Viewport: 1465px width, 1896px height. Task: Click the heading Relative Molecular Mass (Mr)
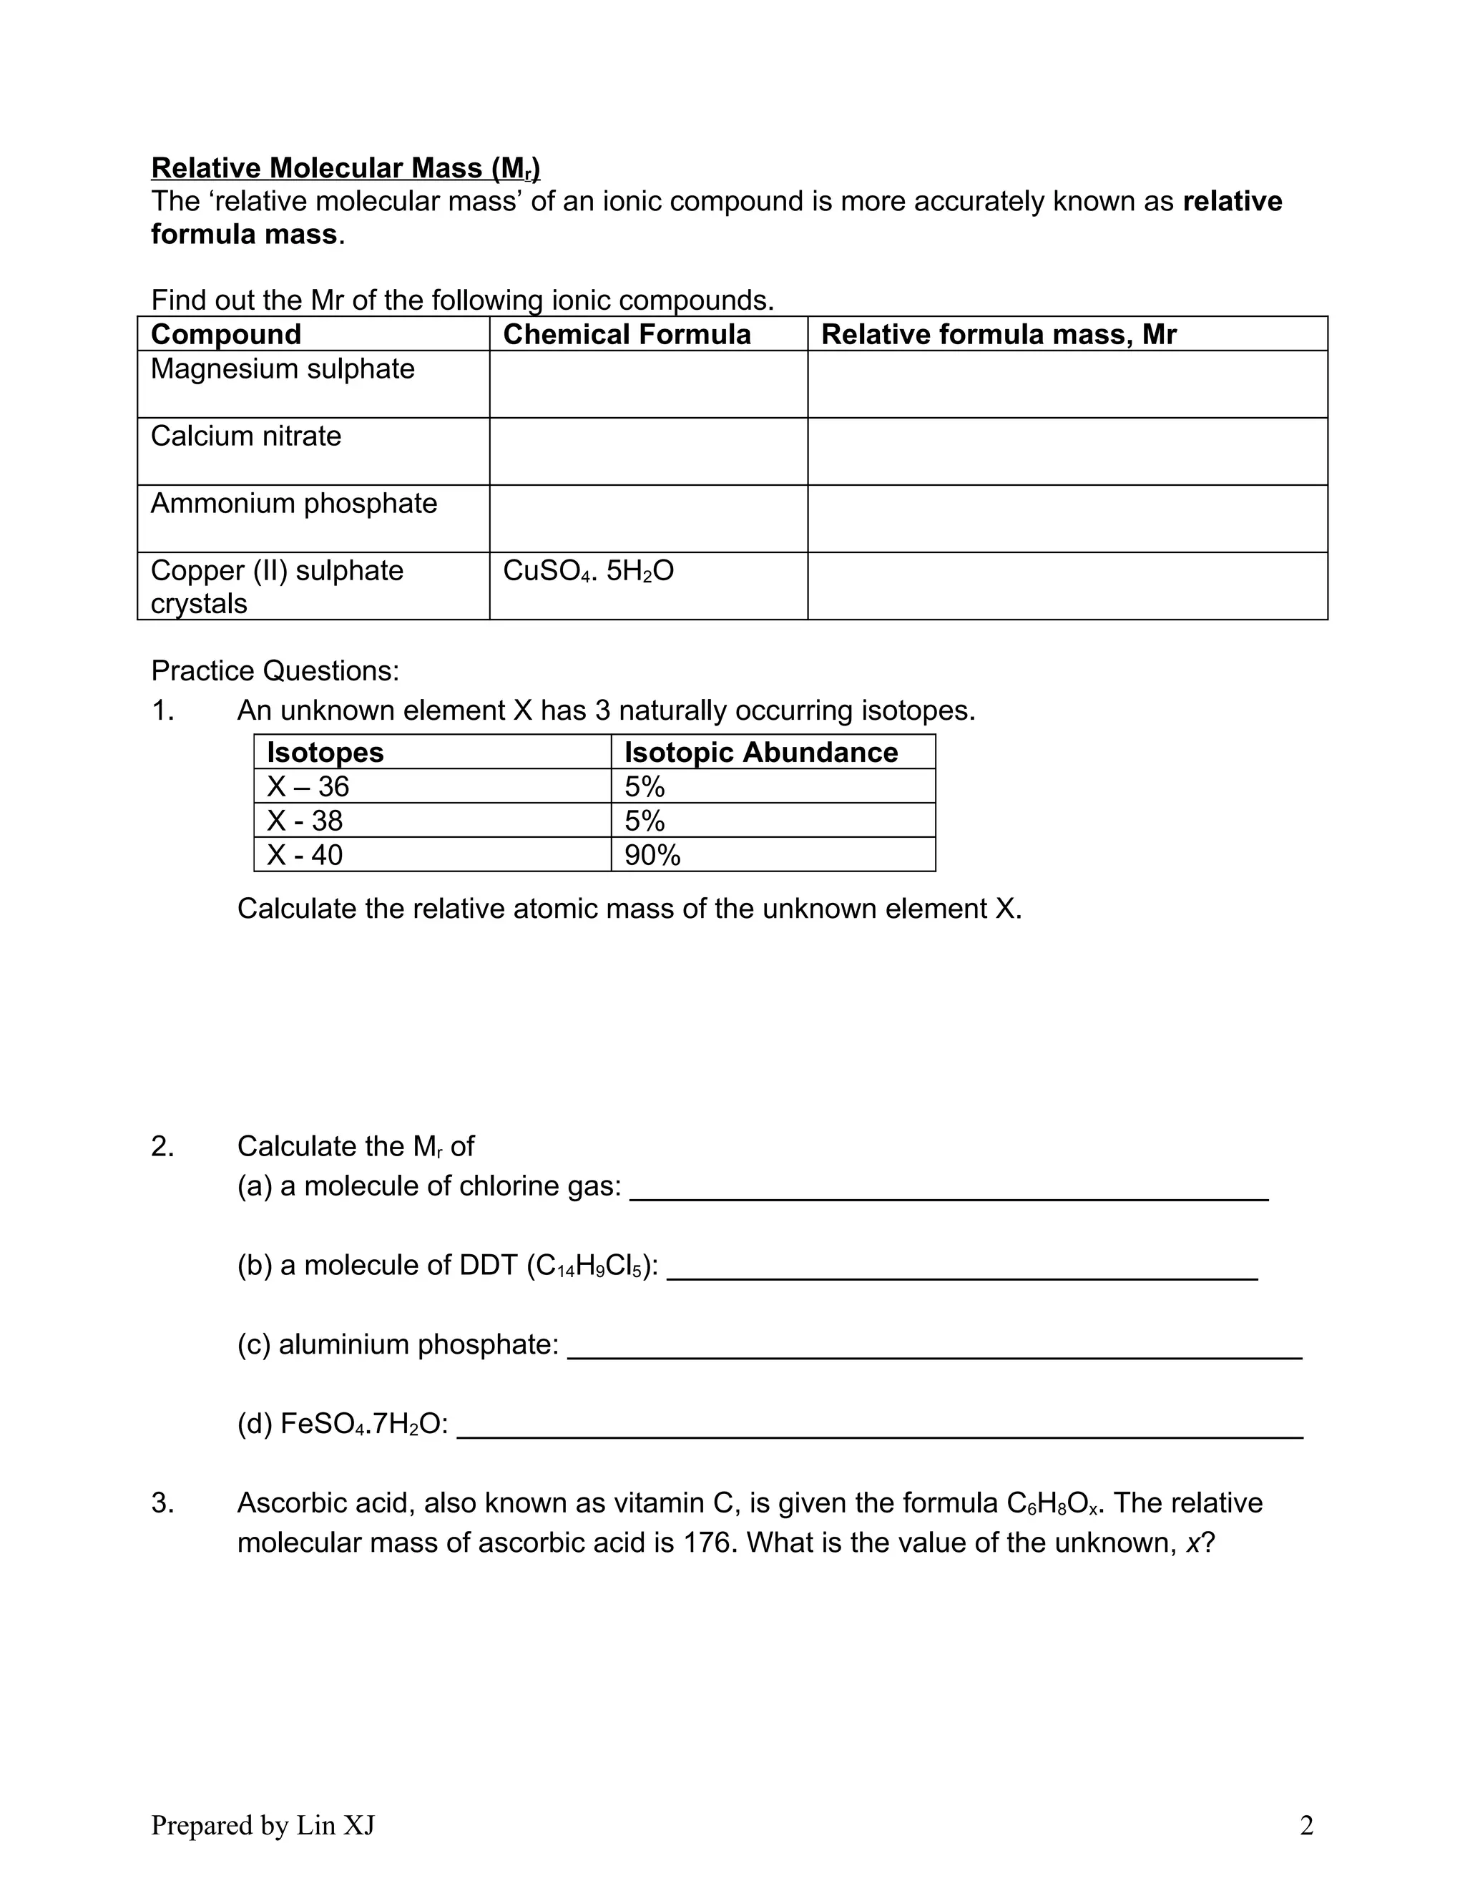pyautogui.click(x=346, y=167)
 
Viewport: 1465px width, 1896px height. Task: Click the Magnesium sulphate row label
pyautogui.click(x=282, y=369)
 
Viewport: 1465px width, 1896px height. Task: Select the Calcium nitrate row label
pyautogui.click(x=245, y=436)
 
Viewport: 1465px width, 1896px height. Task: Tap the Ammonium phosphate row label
pyautogui.click(x=293, y=504)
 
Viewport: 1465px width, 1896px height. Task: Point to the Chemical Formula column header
pyautogui.click(x=627, y=334)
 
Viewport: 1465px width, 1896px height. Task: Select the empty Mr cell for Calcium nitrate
pyautogui.click(x=1067, y=451)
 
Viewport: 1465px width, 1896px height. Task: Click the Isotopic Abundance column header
pyautogui.click(x=760, y=752)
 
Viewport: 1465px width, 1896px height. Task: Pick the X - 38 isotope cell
pyautogui.click(x=305, y=821)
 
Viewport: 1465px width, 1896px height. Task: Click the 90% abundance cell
pyautogui.click(x=652, y=855)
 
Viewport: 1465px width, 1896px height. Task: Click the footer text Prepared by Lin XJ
pyautogui.click(x=263, y=1826)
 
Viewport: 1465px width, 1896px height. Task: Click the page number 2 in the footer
pyautogui.click(x=1306, y=1826)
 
